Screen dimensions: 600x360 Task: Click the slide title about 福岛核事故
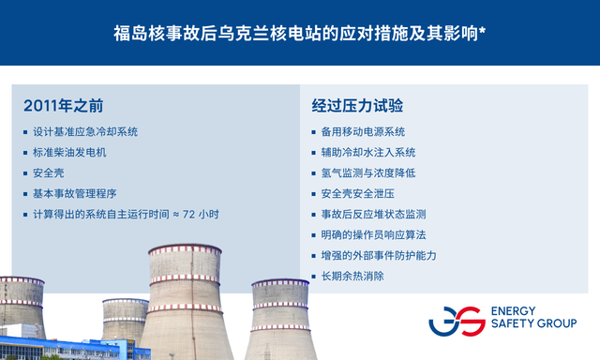[300, 34]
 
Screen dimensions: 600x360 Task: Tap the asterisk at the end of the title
[483, 30]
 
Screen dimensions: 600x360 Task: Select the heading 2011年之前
[63, 106]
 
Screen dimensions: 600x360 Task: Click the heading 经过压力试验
[357, 106]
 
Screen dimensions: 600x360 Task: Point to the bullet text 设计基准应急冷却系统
[85, 132]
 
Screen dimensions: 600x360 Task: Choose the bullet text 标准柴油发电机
[69, 153]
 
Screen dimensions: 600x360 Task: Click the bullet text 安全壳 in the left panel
[48, 172]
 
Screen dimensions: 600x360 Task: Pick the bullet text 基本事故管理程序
[75, 193]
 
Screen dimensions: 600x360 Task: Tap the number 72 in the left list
[188, 215]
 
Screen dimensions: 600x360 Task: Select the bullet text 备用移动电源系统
[363, 132]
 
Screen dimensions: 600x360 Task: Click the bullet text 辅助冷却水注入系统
[368, 153]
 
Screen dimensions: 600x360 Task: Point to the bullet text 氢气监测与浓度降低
[368, 172]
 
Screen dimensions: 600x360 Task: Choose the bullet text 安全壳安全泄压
[357, 193]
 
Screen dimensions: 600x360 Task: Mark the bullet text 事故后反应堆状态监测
[373, 215]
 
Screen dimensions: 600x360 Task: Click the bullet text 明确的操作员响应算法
[373, 235]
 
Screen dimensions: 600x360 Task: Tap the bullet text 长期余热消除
[352, 277]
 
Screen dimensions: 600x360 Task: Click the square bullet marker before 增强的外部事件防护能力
[314, 256]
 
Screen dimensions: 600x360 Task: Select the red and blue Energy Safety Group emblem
[457, 321]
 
